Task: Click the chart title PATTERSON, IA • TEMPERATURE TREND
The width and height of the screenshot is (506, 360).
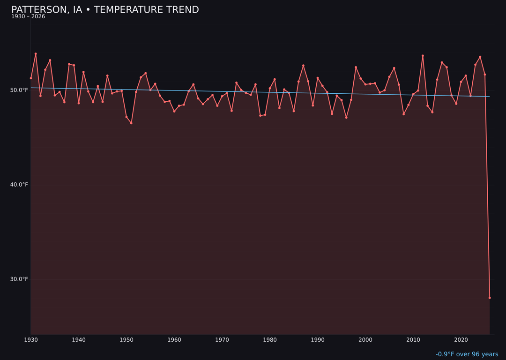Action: (105, 10)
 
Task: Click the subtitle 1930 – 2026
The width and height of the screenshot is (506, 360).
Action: (28, 17)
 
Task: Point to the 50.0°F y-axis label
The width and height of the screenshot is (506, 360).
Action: (19, 90)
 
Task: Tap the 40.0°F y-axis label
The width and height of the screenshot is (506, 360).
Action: (19, 185)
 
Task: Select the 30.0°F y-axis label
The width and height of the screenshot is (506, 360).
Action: (19, 279)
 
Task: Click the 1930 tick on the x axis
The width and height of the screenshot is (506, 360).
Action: (31, 340)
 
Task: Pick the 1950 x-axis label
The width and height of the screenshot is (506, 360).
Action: (126, 340)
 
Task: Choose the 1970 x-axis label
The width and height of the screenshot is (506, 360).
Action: (222, 340)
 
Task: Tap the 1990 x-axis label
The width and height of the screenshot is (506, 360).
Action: (318, 340)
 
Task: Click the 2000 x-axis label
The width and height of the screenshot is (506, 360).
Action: (365, 340)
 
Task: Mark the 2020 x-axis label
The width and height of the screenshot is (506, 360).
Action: (461, 340)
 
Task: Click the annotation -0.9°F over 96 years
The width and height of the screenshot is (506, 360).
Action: (467, 354)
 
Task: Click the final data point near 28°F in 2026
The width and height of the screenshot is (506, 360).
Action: (490, 298)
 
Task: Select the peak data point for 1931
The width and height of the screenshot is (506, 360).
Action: (36, 54)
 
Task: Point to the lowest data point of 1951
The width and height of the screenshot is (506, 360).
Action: (131, 123)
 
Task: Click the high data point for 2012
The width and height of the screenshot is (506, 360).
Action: (423, 56)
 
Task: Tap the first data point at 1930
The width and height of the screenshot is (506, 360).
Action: (31, 78)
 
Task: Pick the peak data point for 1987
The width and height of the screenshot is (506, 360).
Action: (303, 66)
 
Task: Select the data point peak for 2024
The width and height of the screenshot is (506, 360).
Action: (480, 57)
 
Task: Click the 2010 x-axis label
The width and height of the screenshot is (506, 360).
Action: (413, 340)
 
